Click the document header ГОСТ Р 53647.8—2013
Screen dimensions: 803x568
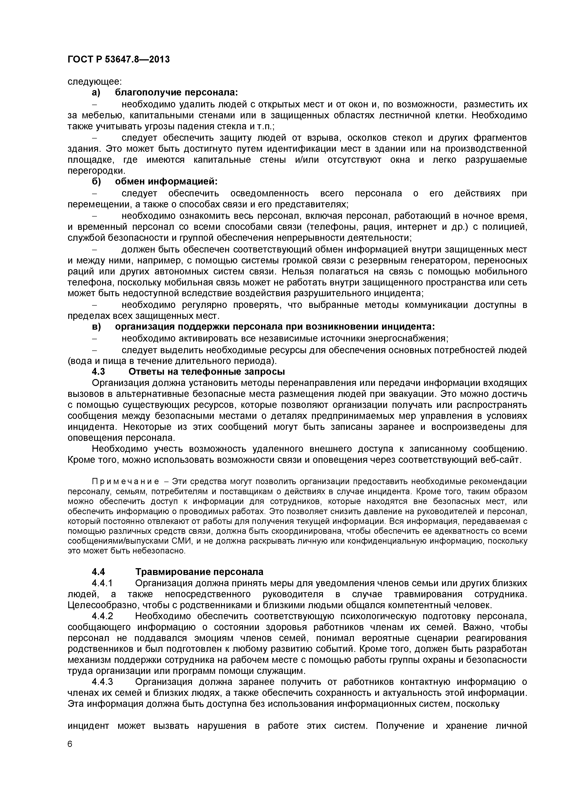(118, 60)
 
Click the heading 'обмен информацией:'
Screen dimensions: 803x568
(166, 182)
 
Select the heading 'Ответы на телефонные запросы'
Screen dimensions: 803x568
(207, 372)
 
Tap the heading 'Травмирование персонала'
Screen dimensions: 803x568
(199, 572)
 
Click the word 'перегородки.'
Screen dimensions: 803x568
(96, 171)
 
